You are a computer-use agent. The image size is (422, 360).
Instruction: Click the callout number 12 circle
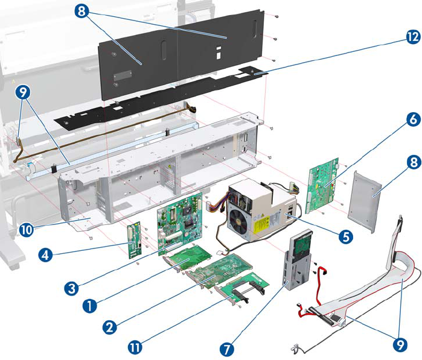412,37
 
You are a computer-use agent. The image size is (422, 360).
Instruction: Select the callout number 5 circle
345,236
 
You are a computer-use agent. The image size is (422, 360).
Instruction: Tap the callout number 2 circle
109,327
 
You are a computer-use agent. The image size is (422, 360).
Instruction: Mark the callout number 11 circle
136,346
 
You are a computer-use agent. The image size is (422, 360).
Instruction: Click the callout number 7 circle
227,348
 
